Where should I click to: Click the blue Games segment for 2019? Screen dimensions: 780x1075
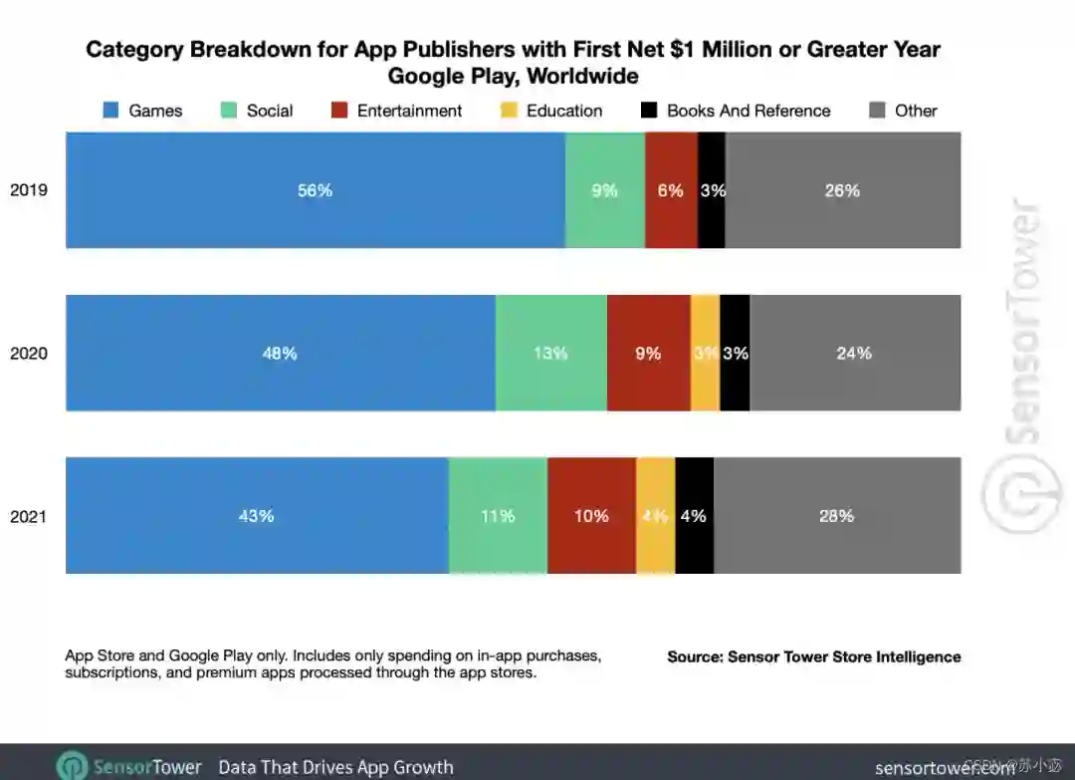click(316, 190)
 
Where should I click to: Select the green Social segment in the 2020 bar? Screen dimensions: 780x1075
click(550, 353)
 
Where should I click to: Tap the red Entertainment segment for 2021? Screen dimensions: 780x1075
click(591, 516)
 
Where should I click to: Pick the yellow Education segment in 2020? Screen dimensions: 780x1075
click(705, 353)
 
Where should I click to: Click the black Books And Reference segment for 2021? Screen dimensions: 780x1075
click(694, 516)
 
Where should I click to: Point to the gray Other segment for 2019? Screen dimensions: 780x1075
click(842, 190)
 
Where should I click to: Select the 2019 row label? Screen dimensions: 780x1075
click(29, 190)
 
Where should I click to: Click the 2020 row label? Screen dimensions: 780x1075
click(29, 354)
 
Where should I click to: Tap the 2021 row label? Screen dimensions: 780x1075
click(29, 517)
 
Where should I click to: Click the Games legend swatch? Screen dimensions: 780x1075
click(111, 111)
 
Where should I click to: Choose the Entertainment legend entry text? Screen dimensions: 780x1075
click(409, 111)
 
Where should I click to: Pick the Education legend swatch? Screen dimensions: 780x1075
click(509, 111)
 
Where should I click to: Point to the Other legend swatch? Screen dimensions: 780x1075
click(877, 111)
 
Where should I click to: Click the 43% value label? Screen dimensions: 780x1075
click(256, 516)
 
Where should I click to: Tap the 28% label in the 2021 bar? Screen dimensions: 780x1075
click(836, 516)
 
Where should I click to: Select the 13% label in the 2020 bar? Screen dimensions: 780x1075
click(550, 353)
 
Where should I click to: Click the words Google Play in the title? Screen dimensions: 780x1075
click(448, 76)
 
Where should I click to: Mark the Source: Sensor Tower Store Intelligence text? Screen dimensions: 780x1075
click(813, 656)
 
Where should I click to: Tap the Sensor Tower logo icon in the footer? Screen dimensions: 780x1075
click(72, 766)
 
